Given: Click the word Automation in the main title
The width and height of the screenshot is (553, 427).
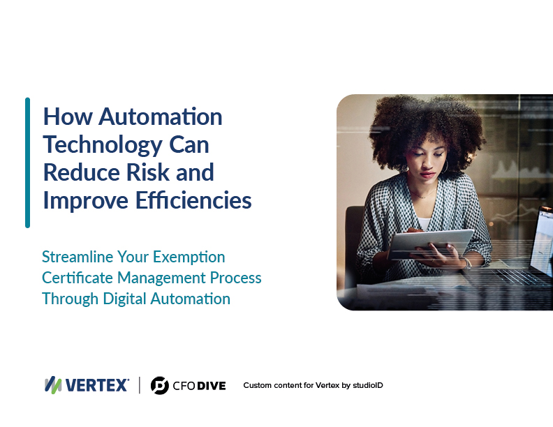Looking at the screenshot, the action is (161, 117).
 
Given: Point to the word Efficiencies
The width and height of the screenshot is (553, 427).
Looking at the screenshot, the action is (193, 200).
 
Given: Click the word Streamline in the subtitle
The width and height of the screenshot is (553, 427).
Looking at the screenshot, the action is (78, 257).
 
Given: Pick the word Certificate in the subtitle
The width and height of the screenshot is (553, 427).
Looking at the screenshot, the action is (78, 278).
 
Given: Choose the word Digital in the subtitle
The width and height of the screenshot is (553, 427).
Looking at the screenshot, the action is (124, 299).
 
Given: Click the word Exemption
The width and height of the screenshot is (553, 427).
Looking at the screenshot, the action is (189, 257).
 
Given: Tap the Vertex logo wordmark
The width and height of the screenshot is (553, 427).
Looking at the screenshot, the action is (97, 385).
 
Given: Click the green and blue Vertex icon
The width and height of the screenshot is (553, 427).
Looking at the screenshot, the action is (53, 385).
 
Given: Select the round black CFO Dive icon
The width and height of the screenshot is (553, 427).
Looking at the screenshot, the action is (160, 385).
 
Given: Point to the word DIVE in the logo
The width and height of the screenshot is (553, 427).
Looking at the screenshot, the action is (212, 386).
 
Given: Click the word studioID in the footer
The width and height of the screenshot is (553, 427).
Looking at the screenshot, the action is (368, 385).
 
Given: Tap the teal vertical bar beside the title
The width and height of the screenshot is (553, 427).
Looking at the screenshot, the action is (27, 163).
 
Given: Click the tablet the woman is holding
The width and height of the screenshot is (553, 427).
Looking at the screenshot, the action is (430, 243).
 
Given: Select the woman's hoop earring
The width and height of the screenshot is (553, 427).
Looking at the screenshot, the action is (445, 165).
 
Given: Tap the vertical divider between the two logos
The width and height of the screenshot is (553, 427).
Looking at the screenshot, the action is (140, 385).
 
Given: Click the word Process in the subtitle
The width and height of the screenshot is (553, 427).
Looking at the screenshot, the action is (235, 278).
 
